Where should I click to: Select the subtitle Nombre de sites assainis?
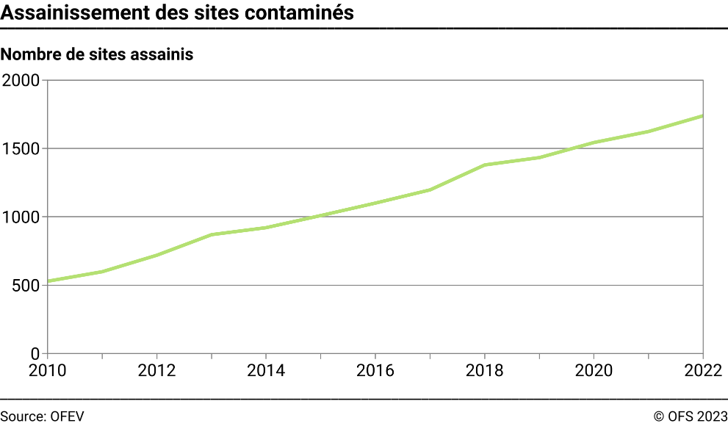tap(98, 54)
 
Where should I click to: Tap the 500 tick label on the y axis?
tap(26, 285)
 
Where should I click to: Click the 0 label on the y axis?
tap(35, 353)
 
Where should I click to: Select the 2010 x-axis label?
tap(47, 369)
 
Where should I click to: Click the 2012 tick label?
tap(156, 369)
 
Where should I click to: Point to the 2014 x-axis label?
tap(266, 369)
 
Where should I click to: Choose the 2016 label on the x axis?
tap(375, 369)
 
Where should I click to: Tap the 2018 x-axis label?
tap(485, 369)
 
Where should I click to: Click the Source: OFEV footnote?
tap(42, 416)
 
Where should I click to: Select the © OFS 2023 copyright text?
tap(690, 416)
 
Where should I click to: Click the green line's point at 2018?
tap(485, 165)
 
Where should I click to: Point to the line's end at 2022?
tap(703, 116)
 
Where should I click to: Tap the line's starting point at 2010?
tap(48, 281)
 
